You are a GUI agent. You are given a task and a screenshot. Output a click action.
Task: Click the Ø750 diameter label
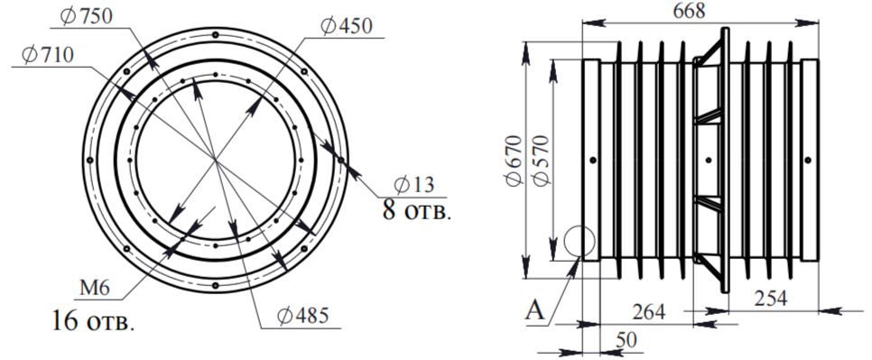(x=86, y=16)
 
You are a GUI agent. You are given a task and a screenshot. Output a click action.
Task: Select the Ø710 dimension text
(x=47, y=56)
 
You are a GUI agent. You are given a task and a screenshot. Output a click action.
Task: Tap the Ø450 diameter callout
(x=347, y=26)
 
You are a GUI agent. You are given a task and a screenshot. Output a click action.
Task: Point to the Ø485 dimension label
(x=303, y=316)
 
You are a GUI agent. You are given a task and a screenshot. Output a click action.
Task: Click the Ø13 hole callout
(x=413, y=184)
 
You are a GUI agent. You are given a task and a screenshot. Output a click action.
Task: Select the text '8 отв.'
(x=415, y=210)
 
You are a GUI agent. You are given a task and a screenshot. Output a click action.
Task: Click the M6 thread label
(x=95, y=288)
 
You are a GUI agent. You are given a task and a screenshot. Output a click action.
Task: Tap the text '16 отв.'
(x=94, y=320)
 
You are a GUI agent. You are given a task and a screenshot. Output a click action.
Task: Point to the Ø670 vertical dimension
(x=514, y=161)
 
